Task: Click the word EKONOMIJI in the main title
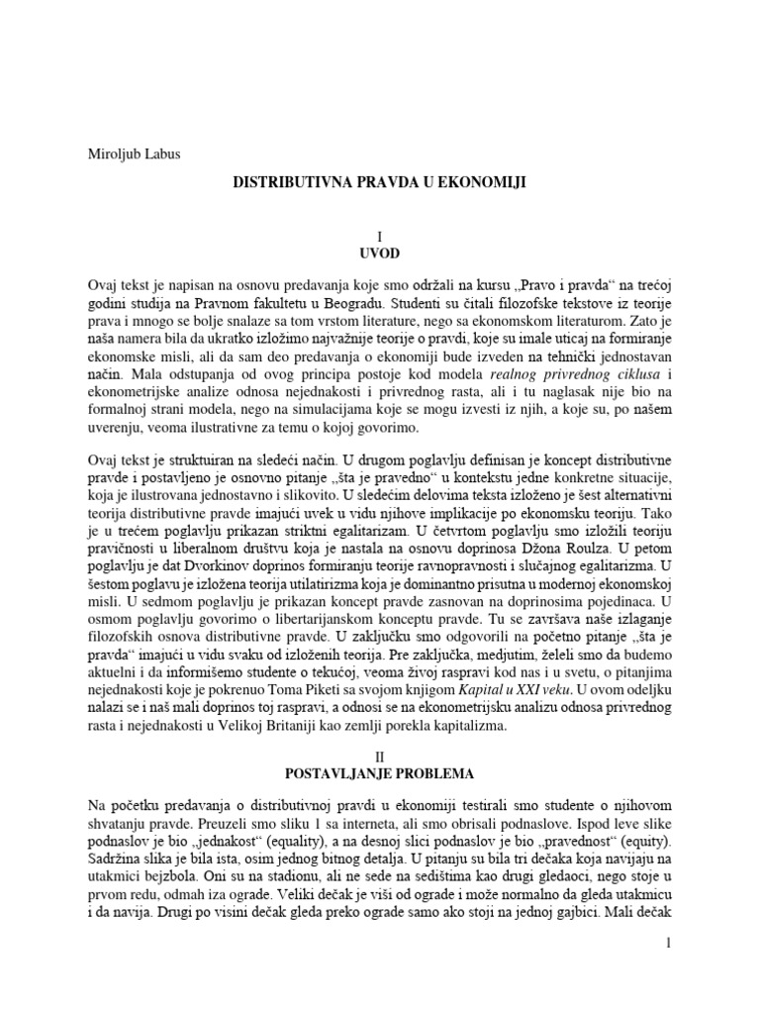(479, 183)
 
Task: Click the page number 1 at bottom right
(669, 947)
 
